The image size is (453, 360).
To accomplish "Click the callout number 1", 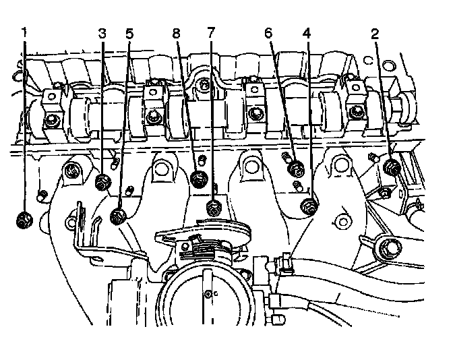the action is point(24,32).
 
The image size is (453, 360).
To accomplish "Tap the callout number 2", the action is point(374,32).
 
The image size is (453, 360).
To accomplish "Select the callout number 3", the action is point(102,32).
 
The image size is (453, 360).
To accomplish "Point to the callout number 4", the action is point(307,32).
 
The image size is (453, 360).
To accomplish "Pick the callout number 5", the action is point(129,32).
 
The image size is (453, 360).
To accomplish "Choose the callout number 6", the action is point(268,32).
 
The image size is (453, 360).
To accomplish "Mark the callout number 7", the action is point(211,32).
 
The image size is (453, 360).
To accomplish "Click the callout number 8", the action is point(177,32).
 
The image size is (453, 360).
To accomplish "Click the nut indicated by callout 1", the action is point(24,219).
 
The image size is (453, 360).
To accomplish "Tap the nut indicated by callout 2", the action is point(390,168).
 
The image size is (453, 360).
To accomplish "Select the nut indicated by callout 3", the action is point(103,181).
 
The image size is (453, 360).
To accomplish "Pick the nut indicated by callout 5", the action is point(119,216).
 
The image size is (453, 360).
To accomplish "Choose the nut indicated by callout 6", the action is point(295,169).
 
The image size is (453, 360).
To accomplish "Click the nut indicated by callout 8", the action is point(199,179).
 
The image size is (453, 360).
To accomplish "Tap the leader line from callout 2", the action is point(382,101).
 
